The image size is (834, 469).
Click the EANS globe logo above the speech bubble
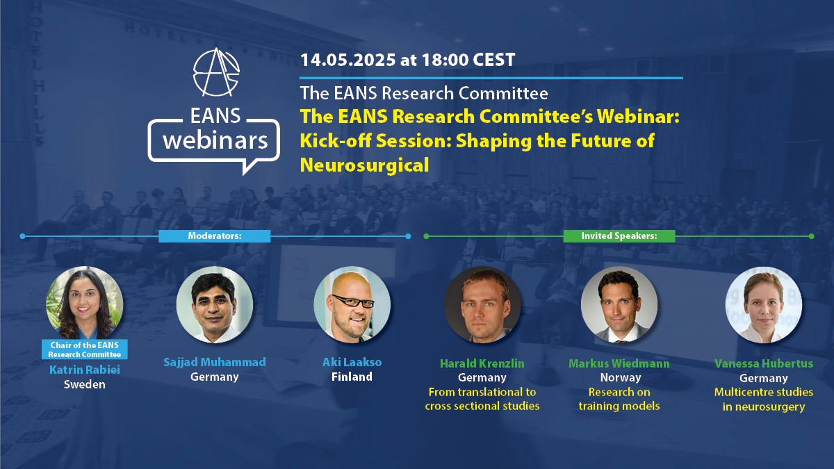click(215, 72)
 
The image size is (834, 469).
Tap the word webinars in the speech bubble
click(214, 140)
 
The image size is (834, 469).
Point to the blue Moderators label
click(215, 236)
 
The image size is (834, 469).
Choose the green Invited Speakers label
click(619, 236)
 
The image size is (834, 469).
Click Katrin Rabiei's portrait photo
click(84, 303)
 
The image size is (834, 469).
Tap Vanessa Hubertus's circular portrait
click(763, 306)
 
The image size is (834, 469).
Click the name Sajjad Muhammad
click(214, 362)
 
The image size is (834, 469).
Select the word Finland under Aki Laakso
click(352, 377)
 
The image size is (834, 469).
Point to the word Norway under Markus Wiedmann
click(619, 378)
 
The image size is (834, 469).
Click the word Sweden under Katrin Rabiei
click(84, 384)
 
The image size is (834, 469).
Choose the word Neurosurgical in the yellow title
click(364, 165)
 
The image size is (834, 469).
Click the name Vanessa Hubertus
click(763, 363)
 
